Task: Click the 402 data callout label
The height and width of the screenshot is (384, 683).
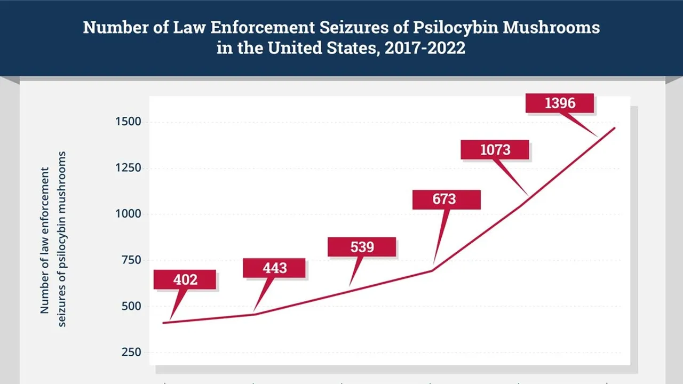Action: click(185, 279)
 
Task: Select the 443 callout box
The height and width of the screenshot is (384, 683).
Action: click(274, 268)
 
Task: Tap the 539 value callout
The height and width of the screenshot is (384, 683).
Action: click(362, 247)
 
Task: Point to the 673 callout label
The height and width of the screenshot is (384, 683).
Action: click(446, 199)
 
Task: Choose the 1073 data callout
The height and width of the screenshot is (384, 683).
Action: click(495, 150)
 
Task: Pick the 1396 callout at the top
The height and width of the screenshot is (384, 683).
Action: click(560, 103)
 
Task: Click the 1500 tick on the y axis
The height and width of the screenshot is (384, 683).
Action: click(128, 122)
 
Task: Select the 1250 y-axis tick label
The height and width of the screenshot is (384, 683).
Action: click(128, 168)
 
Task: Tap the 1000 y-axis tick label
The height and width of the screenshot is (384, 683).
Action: click(128, 214)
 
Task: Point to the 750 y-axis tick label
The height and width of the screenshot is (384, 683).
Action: click(131, 260)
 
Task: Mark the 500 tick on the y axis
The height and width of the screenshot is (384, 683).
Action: click(131, 306)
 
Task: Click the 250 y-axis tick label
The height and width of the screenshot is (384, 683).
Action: click(131, 352)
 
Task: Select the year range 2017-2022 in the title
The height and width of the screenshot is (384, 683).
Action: click(425, 48)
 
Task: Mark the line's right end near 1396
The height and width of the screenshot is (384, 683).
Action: click(615, 128)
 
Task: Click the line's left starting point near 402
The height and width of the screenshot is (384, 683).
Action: click(164, 323)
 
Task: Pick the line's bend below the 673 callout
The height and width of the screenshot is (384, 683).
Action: click(432, 270)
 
